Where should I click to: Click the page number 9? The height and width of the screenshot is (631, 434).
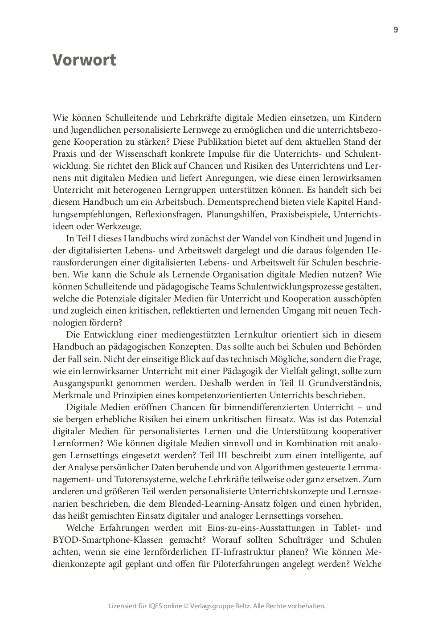[396, 30]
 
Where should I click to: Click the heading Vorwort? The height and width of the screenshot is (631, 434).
[84, 60]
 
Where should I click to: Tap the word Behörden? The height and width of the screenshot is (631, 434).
[362, 346]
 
